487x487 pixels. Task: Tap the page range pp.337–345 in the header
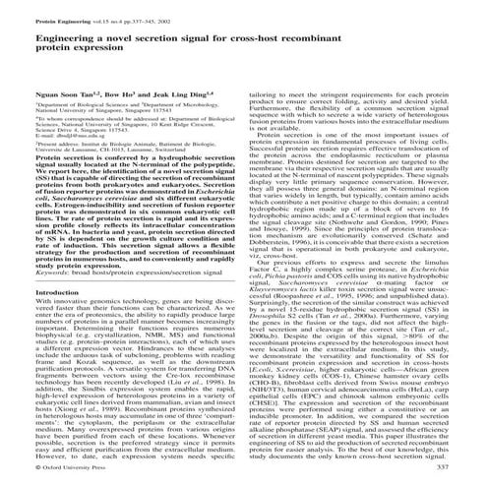point(139,7)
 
